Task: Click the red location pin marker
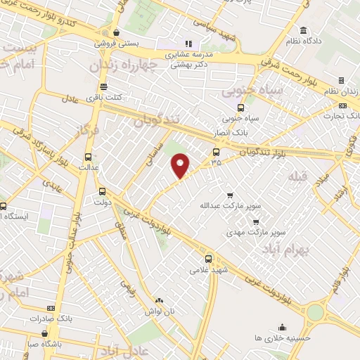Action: tap(181, 165)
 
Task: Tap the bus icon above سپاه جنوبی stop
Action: tap(241, 108)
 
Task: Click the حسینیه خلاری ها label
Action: tap(281, 337)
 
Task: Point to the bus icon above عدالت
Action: tap(88, 157)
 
